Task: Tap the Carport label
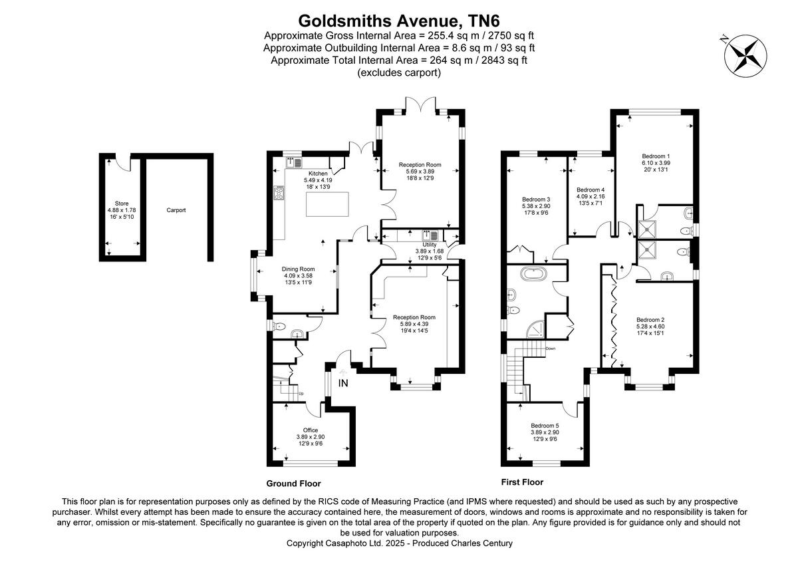pyautogui.click(x=176, y=210)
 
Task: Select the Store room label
pyautogui.click(x=121, y=204)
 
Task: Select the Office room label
pyautogui.click(x=311, y=430)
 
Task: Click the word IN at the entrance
pyautogui.click(x=343, y=383)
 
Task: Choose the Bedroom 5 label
pyautogui.click(x=545, y=426)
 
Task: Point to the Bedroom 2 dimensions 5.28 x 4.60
pyautogui.click(x=650, y=327)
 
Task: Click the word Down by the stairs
pyautogui.click(x=550, y=349)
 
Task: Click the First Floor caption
pyautogui.click(x=522, y=482)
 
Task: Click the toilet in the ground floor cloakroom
pyautogui.click(x=279, y=327)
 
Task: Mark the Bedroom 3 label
pyautogui.click(x=536, y=200)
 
